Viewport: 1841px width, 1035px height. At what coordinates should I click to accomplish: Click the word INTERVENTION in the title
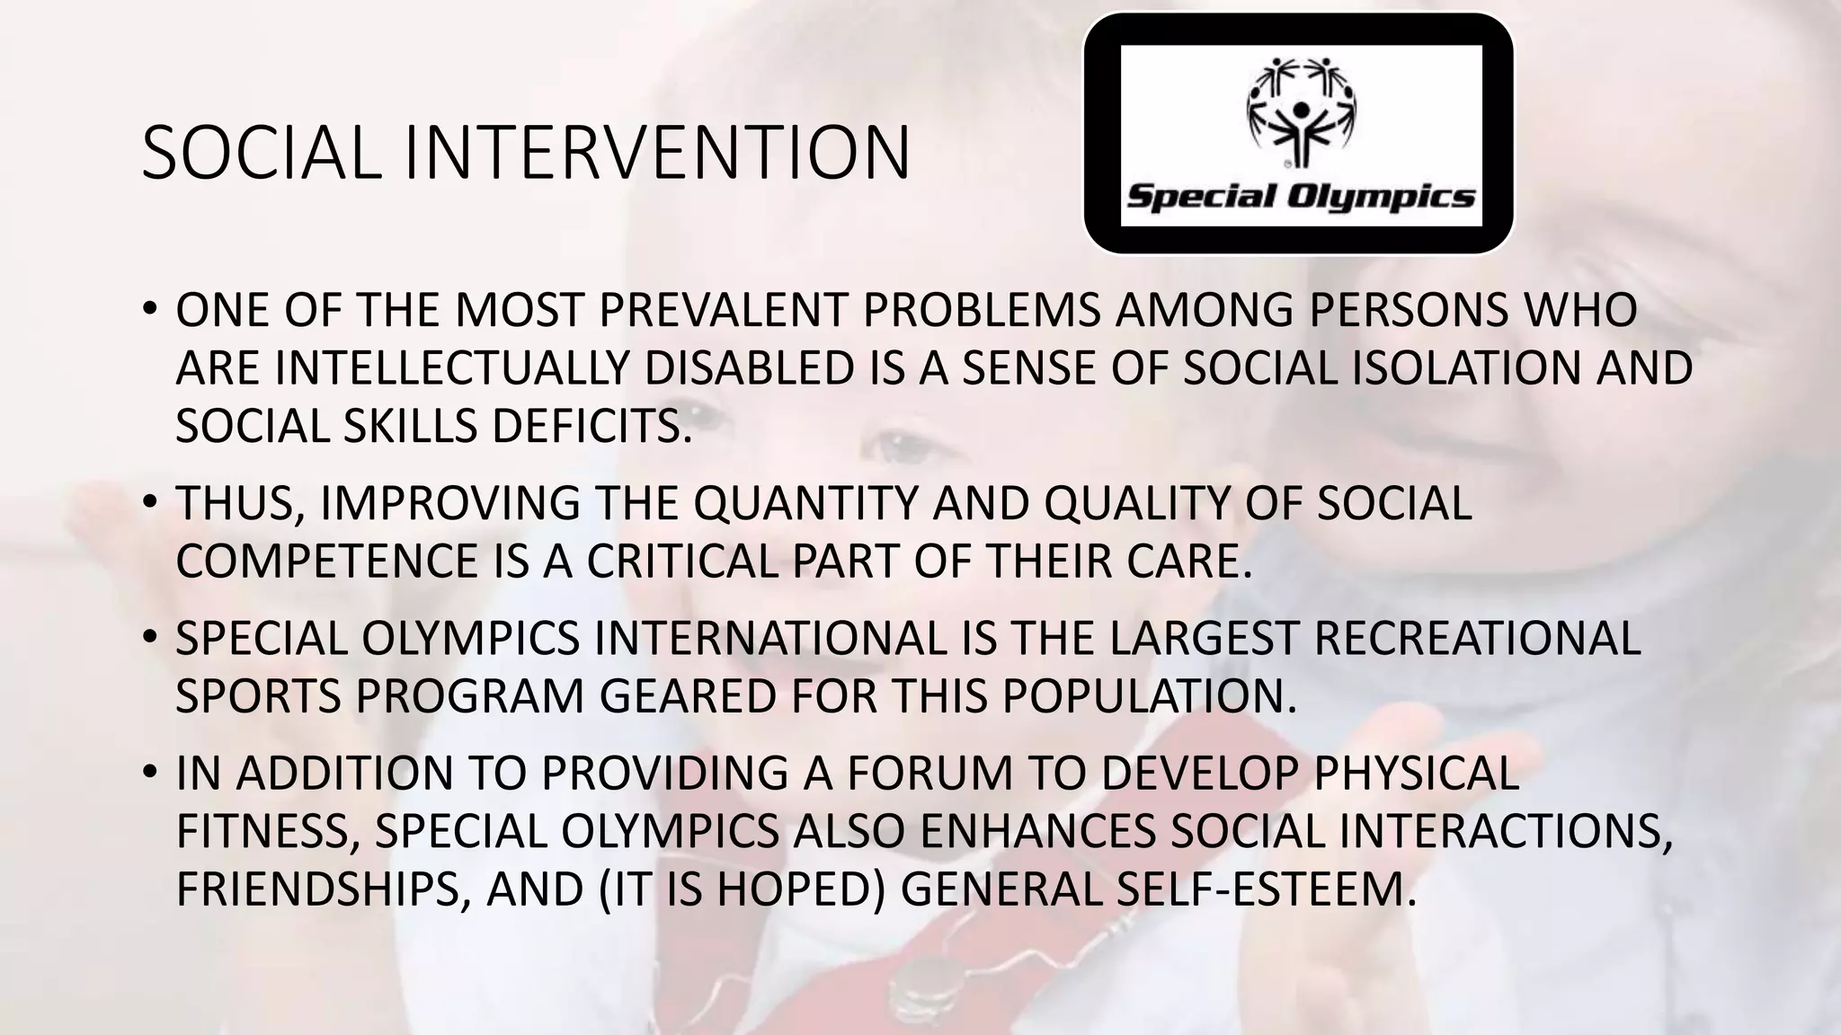657,154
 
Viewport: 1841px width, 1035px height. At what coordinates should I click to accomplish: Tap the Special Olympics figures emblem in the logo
1300,113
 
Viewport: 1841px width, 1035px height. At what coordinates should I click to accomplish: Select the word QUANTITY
805,503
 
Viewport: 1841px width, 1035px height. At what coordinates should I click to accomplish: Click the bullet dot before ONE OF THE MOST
149,310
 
